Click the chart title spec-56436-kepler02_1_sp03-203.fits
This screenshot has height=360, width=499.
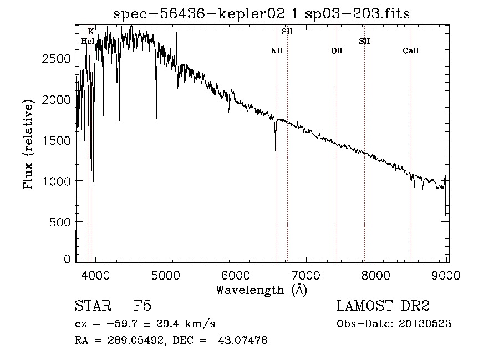click(x=261, y=14)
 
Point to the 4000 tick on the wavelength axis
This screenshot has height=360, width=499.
click(x=95, y=275)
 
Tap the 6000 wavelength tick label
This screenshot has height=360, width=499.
click(x=236, y=275)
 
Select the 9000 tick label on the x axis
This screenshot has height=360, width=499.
click(x=446, y=275)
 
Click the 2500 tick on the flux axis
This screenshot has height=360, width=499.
click(x=56, y=59)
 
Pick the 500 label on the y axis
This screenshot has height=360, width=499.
click(x=60, y=222)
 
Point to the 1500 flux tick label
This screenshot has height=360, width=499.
click(x=56, y=141)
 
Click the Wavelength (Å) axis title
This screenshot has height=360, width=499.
click(x=262, y=290)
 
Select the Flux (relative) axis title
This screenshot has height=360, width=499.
click(x=28, y=145)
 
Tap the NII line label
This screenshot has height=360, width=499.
click(x=277, y=50)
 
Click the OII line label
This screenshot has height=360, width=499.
click(x=337, y=50)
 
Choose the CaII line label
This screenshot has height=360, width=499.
click(x=411, y=50)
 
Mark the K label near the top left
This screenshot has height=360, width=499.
click(x=91, y=32)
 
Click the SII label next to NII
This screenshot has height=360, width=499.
click(x=287, y=32)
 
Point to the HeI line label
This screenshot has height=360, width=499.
click(x=88, y=41)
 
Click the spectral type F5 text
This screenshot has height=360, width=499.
click(x=142, y=306)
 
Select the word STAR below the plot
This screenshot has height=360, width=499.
click(x=93, y=306)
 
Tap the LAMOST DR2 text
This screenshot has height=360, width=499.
click(x=383, y=306)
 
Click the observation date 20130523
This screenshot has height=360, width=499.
click(x=425, y=324)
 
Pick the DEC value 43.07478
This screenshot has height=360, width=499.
click(x=242, y=340)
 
